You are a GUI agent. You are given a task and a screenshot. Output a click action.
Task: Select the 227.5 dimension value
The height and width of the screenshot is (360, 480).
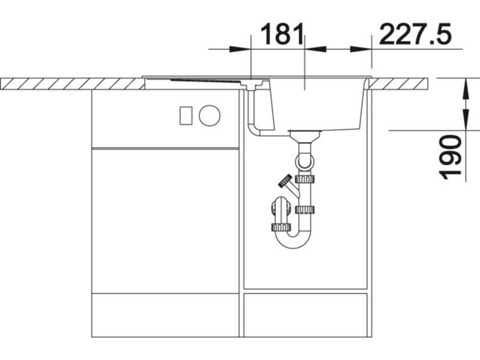click(x=415, y=34)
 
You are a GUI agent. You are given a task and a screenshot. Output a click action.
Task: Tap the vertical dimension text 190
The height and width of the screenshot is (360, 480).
click(x=450, y=157)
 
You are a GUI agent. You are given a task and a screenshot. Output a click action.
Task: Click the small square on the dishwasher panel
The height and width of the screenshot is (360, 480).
click(x=186, y=116)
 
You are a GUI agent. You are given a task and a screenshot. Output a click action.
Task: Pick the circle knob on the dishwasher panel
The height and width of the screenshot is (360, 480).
click(x=209, y=116)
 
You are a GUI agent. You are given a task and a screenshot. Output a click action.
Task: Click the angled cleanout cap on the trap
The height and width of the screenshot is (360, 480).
click(x=285, y=180)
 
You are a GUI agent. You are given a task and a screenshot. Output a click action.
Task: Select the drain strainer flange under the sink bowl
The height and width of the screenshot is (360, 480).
click(x=305, y=132)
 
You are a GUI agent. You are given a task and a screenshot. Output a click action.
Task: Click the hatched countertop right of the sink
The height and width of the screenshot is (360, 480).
click(x=398, y=84)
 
